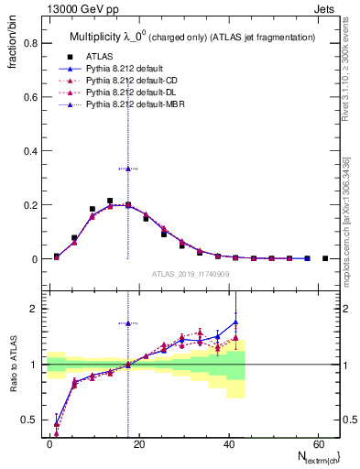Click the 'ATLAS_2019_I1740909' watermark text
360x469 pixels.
coord(191,274)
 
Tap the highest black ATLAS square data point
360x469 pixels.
coord(110,201)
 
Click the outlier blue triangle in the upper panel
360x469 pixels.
coord(128,169)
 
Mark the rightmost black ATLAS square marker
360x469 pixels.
coord(325,258)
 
